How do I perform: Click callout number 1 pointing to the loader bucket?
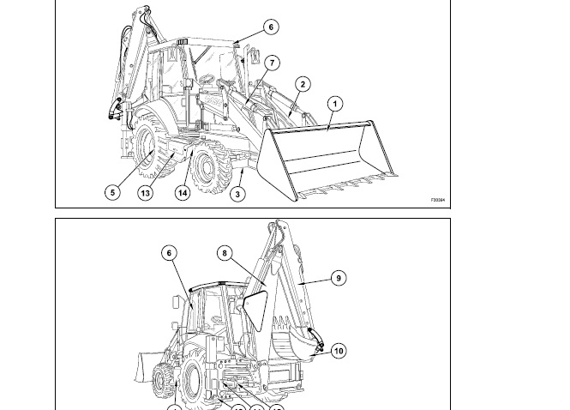pos(335,104)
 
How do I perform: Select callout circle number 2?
pos(303,84)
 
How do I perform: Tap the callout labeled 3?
pos(238,194)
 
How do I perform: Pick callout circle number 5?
pos(112,192)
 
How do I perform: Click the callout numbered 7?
pos(272,63)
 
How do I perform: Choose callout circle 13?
pos(145,193)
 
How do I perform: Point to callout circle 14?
pos(183,193)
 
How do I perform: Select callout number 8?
pos(225,253)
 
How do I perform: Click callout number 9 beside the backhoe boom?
pos(339,278)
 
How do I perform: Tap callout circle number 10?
pos(339,351)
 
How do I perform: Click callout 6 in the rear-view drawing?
pos(170,253)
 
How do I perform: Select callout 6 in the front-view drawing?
pos(271,27)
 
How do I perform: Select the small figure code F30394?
pos(438,201)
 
